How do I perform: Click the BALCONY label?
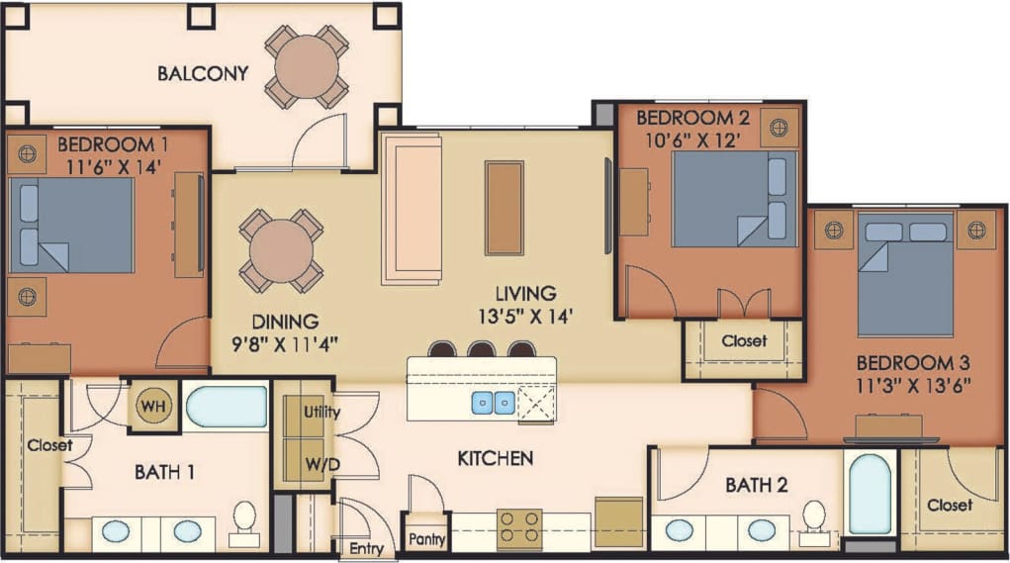coord(202,73)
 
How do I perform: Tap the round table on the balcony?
coord(306,67)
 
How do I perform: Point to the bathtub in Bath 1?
coord(226,407)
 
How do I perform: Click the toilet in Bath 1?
coord(242,520)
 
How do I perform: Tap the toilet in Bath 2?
coord(813,519)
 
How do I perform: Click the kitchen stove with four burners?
coord(519,528)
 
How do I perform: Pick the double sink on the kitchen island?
coord(491,403)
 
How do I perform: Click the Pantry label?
coord(426,540)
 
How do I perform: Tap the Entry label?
coord(366,547)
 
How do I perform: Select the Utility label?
coord(322,412)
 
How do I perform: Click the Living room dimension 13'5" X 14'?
coord(525,317)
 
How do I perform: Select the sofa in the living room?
coord(411,210)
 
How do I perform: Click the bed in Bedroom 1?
coord(71,225)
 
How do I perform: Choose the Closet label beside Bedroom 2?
coord(743,341)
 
